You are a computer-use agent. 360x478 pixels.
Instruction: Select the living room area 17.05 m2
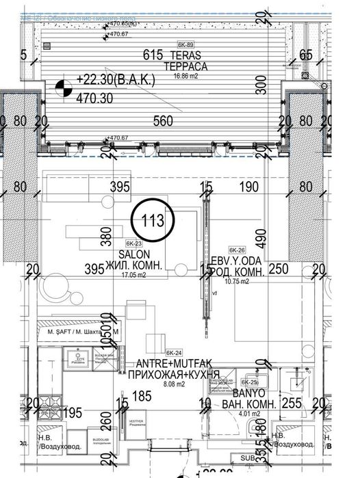pos(143,277)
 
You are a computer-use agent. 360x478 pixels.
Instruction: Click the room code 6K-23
pos(134,243)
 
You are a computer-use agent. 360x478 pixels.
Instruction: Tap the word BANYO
pos(253,395)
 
